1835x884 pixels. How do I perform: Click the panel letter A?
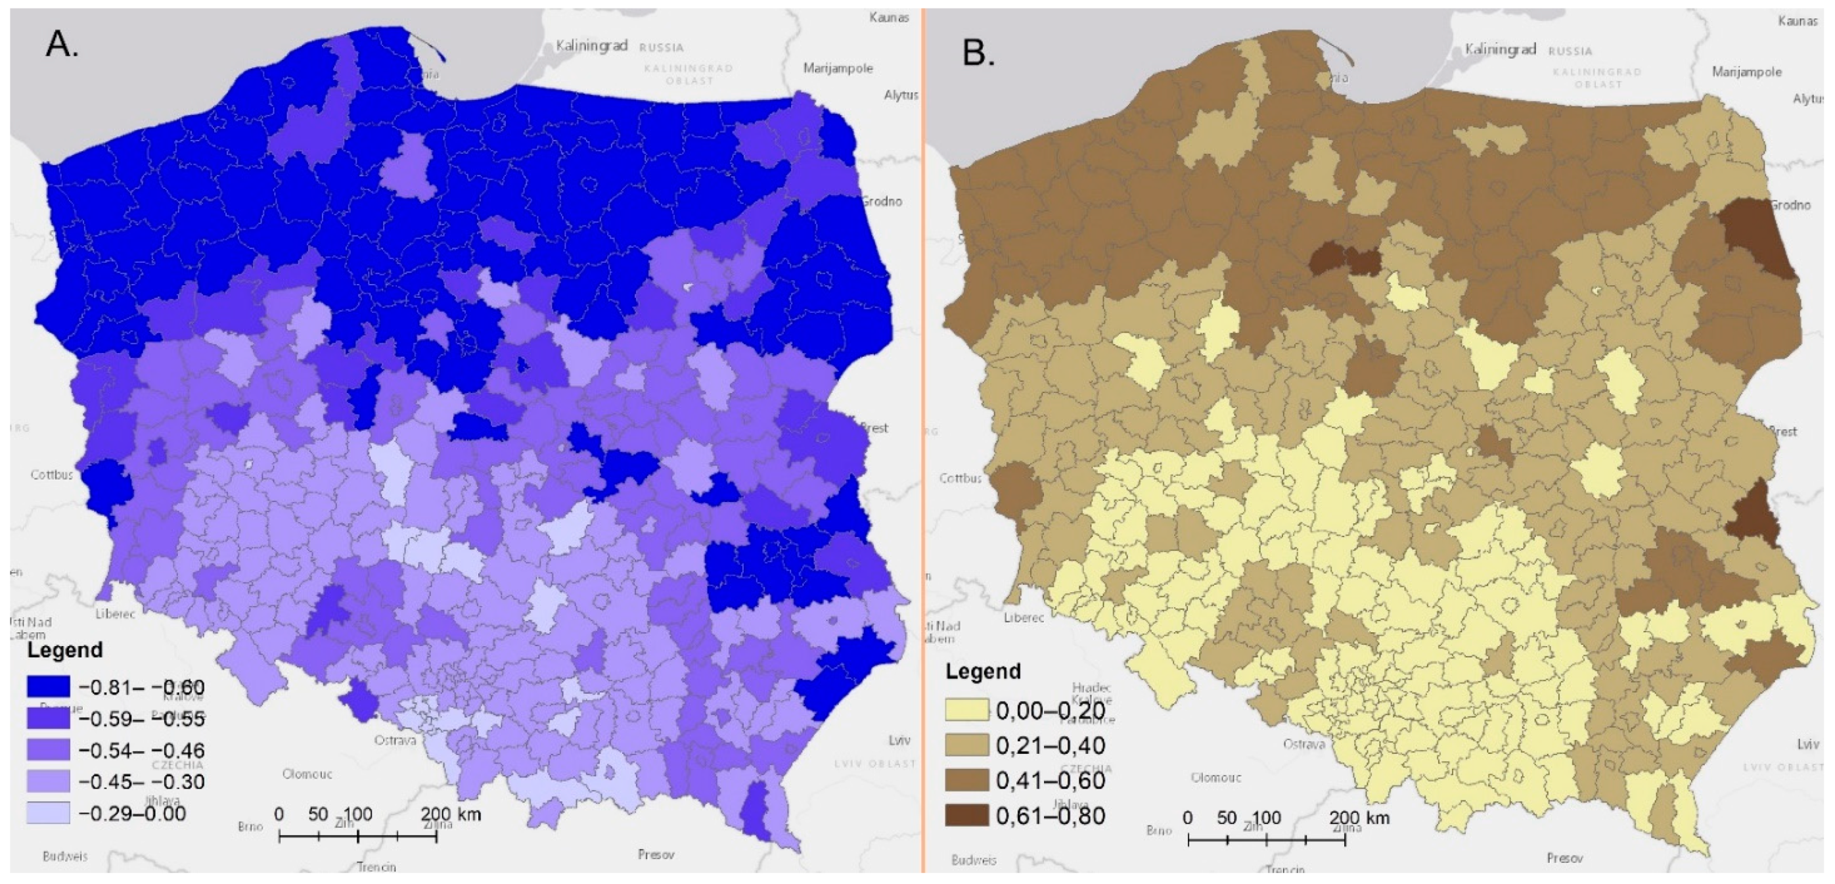tap(60, 45)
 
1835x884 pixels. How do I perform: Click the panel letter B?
tap(978, 53)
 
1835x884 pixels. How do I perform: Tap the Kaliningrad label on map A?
tap(591, 45)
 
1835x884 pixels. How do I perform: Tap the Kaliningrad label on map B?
tap(1500, 49)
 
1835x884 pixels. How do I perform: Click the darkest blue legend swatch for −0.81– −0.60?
tap(49, 687)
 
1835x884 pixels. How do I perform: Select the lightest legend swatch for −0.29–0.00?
tap(49, 813)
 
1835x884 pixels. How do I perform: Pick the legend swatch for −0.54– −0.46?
tap(49, 750)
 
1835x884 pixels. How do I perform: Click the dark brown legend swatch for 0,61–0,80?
tap(966, 816)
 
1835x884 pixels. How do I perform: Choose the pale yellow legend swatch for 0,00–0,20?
tap(966, 710)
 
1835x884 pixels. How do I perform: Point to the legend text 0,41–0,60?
tap(1051, 781)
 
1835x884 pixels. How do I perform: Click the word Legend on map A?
tap(65, 649)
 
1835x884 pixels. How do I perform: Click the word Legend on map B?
tap(983, 671)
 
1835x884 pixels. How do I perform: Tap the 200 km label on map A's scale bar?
tap(450, 814)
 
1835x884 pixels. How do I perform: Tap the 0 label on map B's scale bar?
tap(1187, 818)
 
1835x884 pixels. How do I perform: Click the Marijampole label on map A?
tap(838, 68)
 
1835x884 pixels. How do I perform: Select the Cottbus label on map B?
tap(961, 478)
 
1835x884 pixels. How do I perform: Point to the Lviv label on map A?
tap(899, 740)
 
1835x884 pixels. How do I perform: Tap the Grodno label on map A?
tap(882, 202)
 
